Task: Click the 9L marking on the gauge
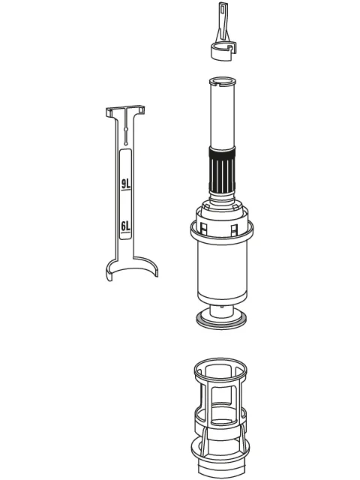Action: [125, 184]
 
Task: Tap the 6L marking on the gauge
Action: [125, 226]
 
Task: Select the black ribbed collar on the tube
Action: [222, 169]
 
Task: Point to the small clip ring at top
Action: [223, 52]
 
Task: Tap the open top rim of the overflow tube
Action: [223, 82]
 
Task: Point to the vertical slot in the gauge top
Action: [126, 127]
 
